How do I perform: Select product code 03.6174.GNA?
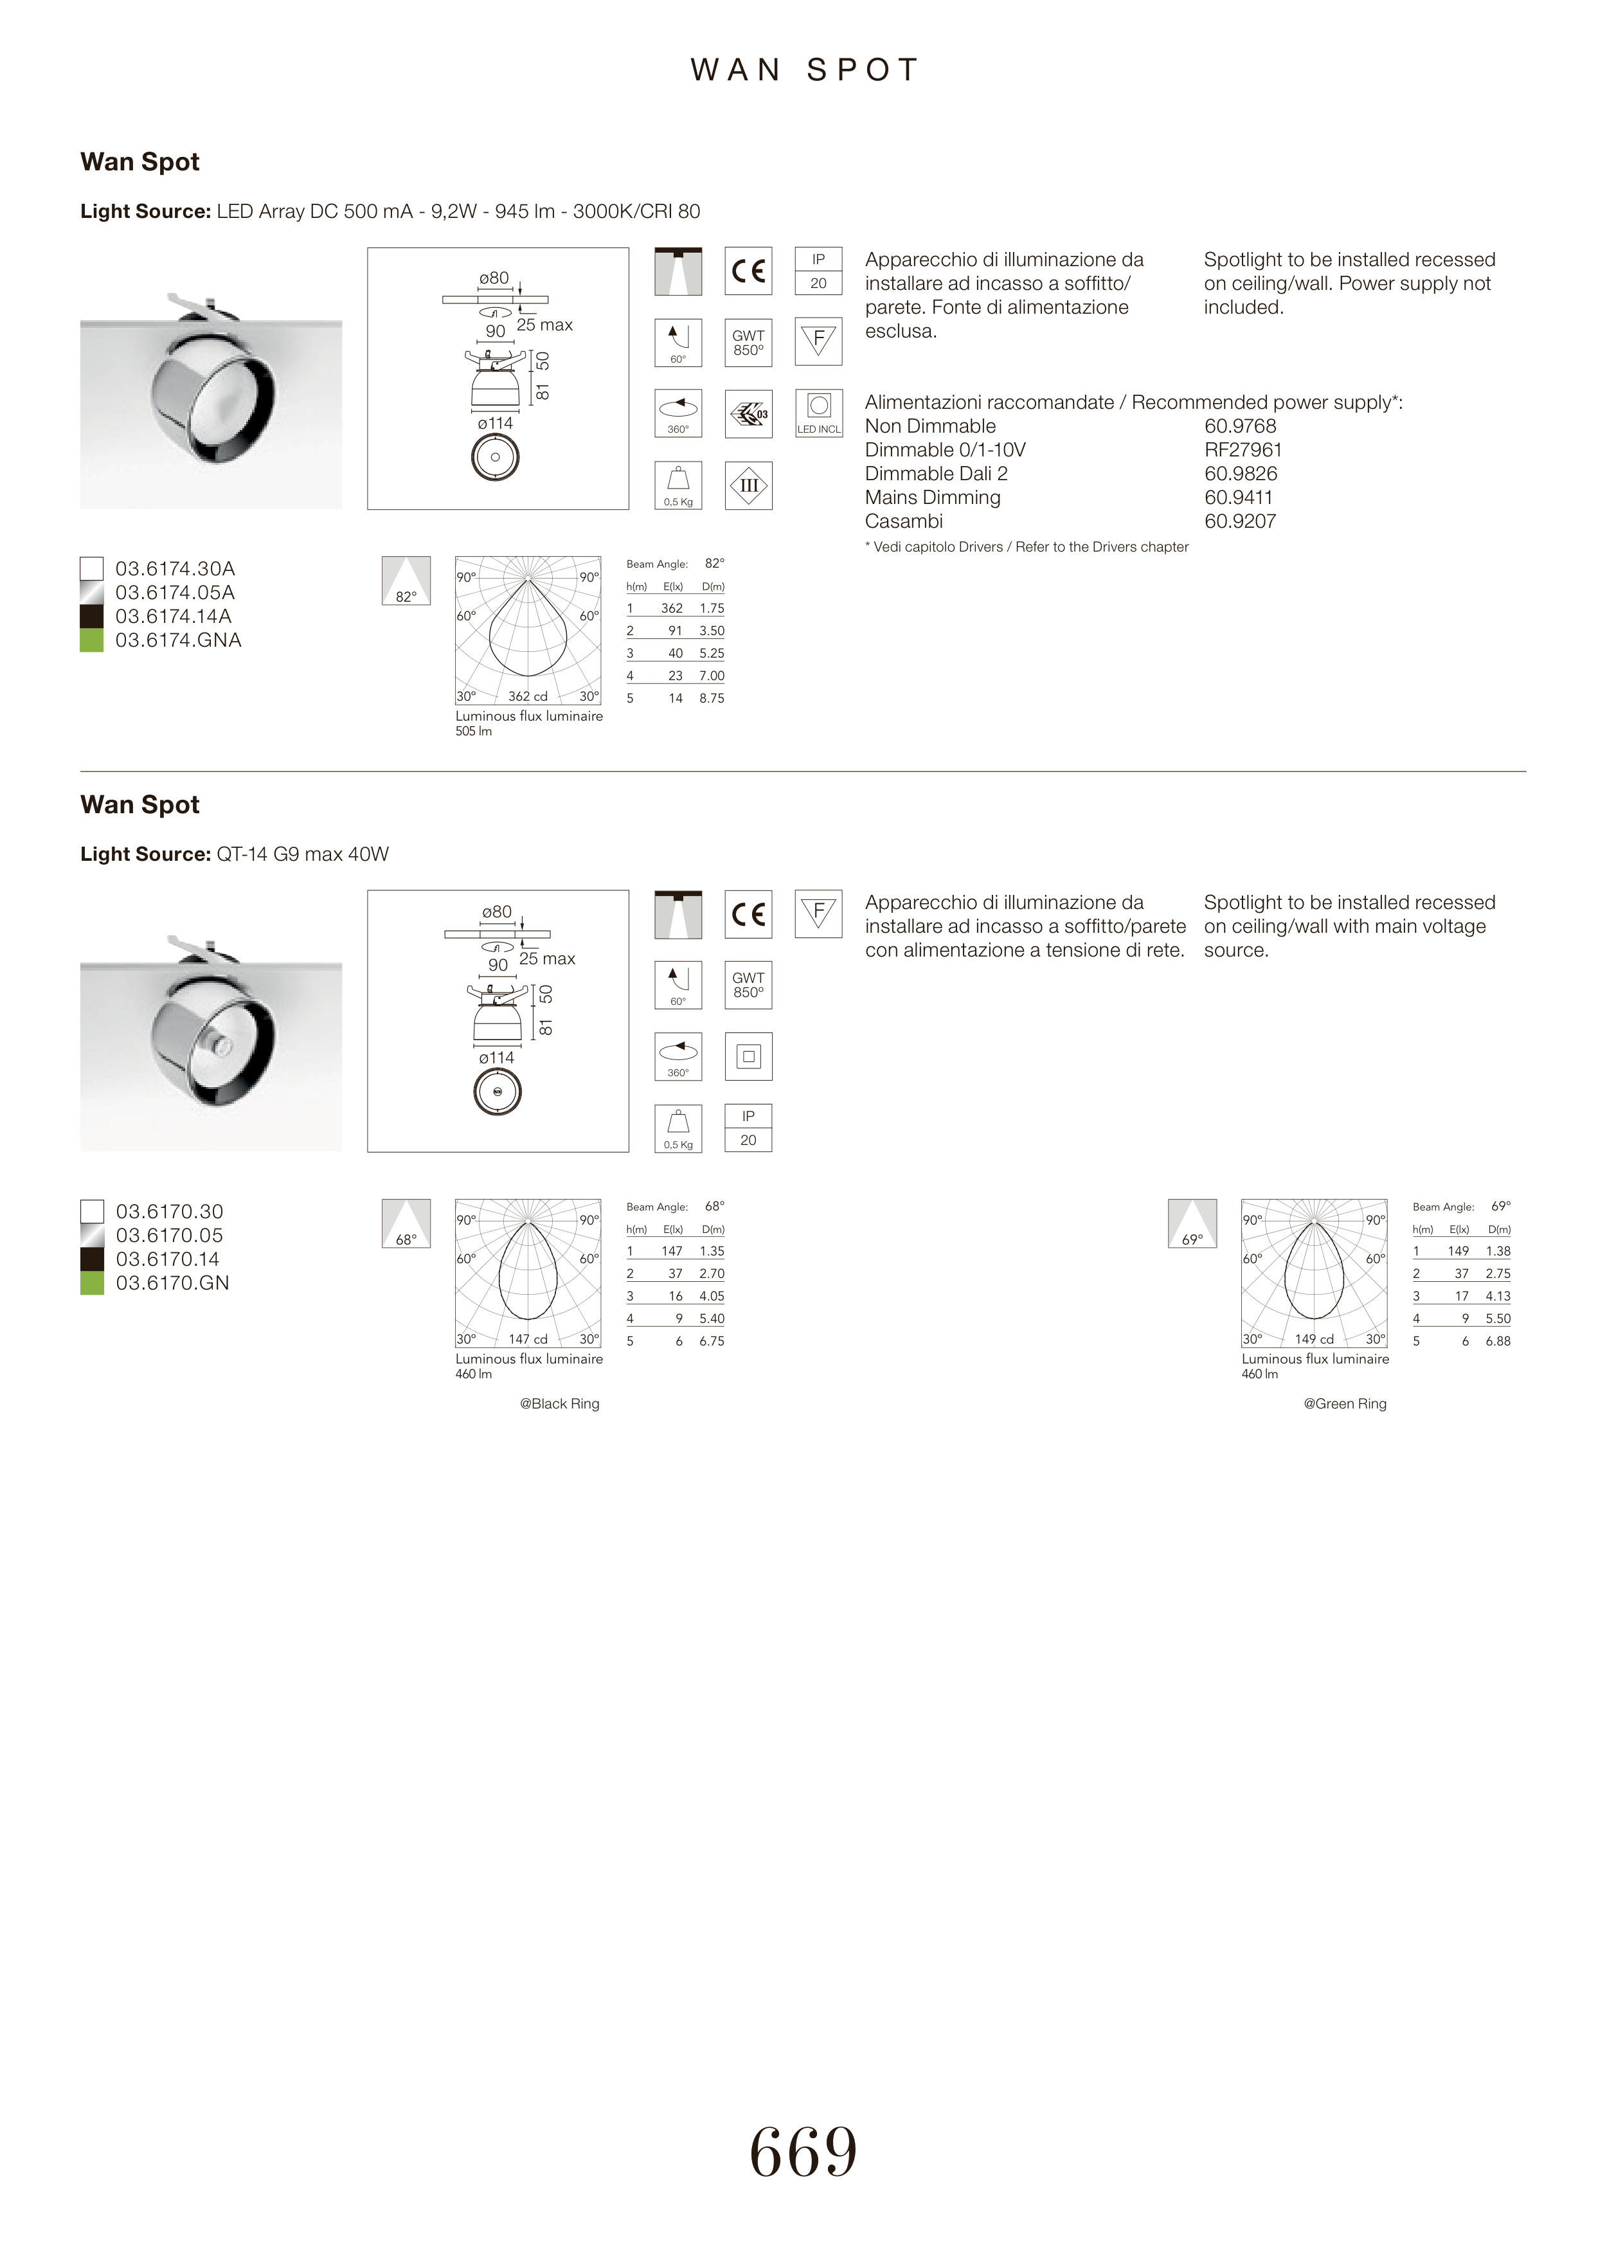click(178, 640)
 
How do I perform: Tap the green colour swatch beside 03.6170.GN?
click(92, 1283)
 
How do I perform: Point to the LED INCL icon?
click(818, 413)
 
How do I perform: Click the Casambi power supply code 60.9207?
click(1240, 521)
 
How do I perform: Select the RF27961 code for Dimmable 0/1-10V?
click(1243, 450)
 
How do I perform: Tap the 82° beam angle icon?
click(406, 580)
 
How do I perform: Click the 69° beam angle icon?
click(1192, 1224)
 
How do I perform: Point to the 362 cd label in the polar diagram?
click(528, 697)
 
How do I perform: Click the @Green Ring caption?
click(1345, 1404)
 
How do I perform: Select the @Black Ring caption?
click(559, 1404)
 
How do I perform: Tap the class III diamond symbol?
click(748, 486)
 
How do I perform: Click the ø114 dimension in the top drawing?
click(495, 424)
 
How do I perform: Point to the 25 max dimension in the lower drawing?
click(547, 959)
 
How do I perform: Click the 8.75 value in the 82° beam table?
click(712, 699)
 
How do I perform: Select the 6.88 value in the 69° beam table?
click(1497, 1342)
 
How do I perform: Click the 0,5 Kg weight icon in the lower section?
click(678, 1128)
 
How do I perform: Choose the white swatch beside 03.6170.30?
click(92, 1212)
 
